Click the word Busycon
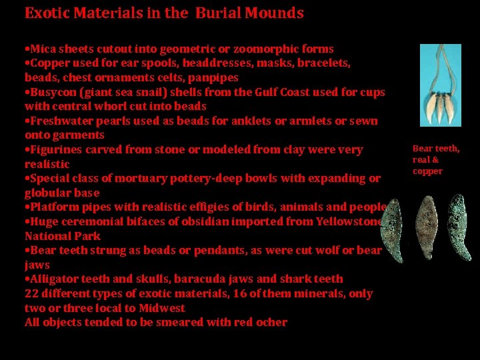(x=53, y=92)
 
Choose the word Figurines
(x=56, y=149)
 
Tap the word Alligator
(x=53, y=279)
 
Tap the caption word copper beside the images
(x=427, y=171)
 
